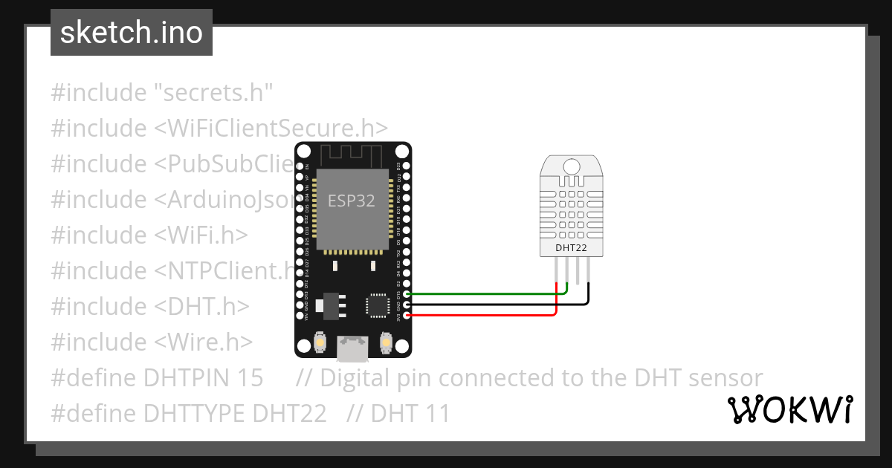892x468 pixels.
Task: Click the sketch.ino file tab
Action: coord(132,33)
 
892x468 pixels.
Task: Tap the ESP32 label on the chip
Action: coord(352,201)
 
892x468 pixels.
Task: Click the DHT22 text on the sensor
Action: coord(571,247)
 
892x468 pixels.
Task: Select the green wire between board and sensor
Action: coord(483,294)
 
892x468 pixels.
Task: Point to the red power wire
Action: coord(483,315)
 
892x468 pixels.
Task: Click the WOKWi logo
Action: coord(790,409)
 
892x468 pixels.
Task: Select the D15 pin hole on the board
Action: coord(406,294)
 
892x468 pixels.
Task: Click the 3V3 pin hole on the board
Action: coord(406,315)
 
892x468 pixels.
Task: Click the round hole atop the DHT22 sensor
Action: coord(572,166)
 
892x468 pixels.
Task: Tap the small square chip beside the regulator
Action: coord(376,305)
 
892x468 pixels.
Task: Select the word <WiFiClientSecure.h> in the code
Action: coord(271,129)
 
